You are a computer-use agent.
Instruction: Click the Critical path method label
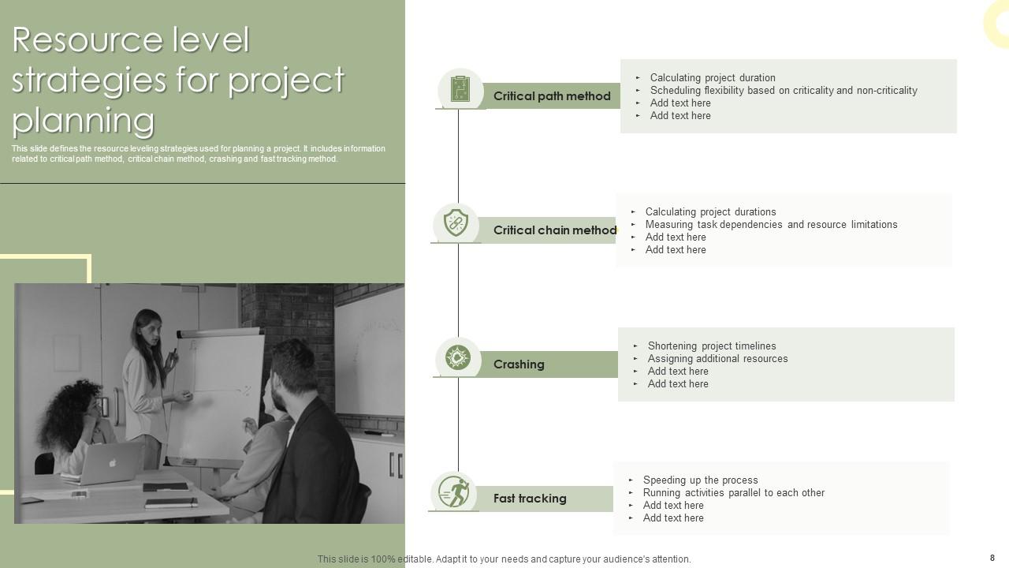(552, 96)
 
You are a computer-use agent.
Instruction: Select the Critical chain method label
(555, 230)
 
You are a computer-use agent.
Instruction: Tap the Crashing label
(519, 364)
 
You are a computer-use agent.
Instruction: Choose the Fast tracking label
(530, 499)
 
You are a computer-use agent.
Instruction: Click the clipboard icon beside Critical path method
(460, 89)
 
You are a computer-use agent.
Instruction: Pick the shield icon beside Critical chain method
(456, 223)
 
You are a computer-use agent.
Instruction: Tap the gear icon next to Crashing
(458, 357)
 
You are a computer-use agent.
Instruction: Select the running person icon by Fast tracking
(454, 491)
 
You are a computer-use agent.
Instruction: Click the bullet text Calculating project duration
(712, 77)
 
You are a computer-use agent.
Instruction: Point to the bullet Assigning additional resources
(717, 358)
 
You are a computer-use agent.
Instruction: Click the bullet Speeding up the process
(700, 480)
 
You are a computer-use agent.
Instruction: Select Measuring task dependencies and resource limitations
(771, 224)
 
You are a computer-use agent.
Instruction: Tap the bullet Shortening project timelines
(711, 346)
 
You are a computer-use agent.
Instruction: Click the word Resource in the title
(77, 39)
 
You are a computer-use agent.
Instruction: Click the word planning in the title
(83, 120)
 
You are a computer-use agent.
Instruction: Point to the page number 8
(992, 558)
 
